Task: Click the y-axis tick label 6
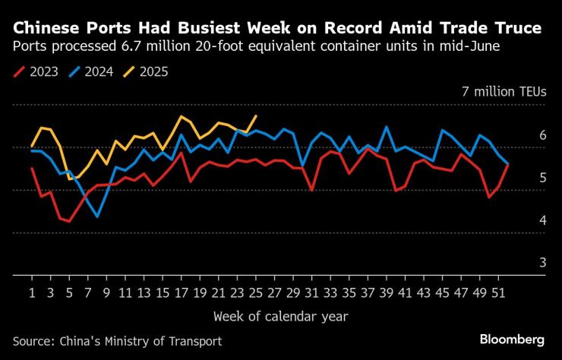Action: pos(542,135)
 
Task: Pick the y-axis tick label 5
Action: pos(542,178)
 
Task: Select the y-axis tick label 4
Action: pos(542,220)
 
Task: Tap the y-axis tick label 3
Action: pos(542,263)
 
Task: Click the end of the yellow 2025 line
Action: pos(256,116)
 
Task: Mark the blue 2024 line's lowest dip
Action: pos(97,216)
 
